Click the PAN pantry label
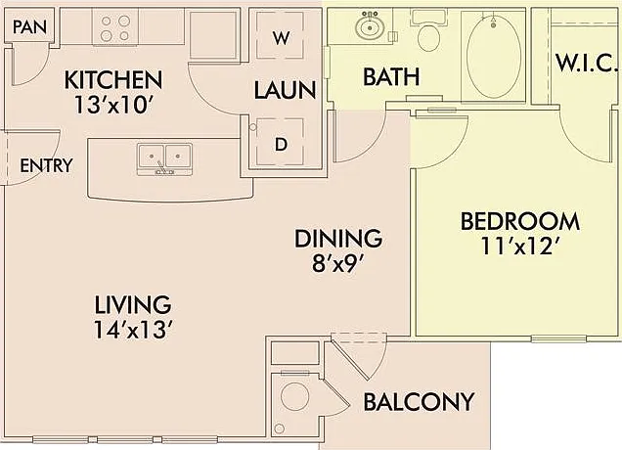pyautogui.click(x=29, y=26)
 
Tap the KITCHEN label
pyautogui.click(x=113, y=80)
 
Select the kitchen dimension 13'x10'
pyautogui.click(x=113, y=105)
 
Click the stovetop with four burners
pyautogui.click(x=115, y=27)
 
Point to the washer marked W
pyautogui.click(x=281, y=36)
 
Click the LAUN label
pyautogui.click(x=285, y=90)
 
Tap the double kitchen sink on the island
pyautogui.click(x=164, y=158)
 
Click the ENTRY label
pyautogui.click(x=46, y=165)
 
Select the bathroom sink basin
pyautogui.click(x=370, y=26)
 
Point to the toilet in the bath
pyautogui.click(x=428, y=31)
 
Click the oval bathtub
pyautogui.click(x=494, y=56)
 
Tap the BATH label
pyautogui.click(x=391, y=77)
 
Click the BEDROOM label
pyautogui.click(x=520, y=221)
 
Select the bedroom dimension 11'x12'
pyautogui.click(x=522, y=246)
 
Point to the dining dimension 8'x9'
pyautogui.click(x=338, y=264)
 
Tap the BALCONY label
pyautogui.click(x=419, y=402)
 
